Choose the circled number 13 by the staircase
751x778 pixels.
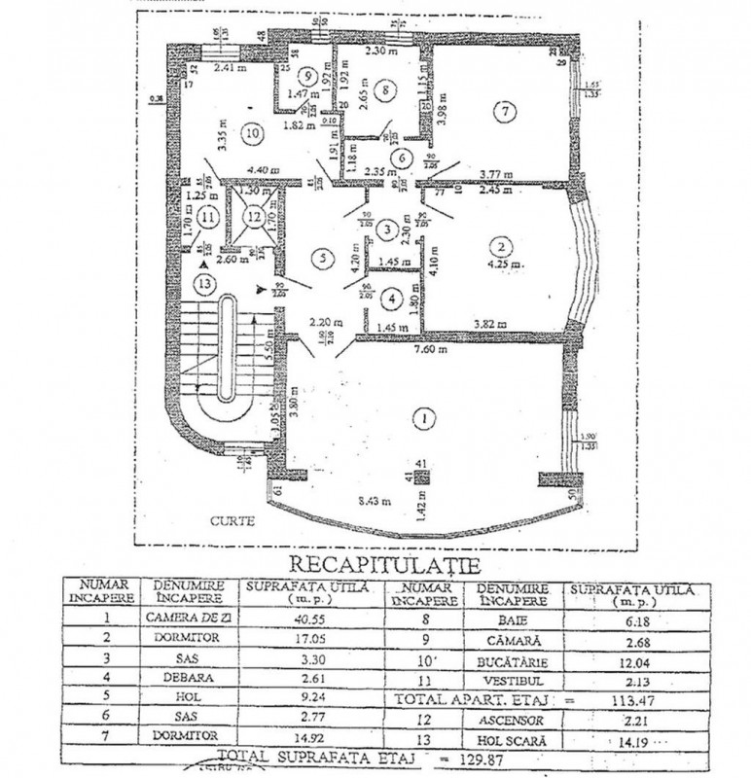(x=202, y=284)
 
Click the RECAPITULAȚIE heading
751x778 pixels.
(x=378, y=565)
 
